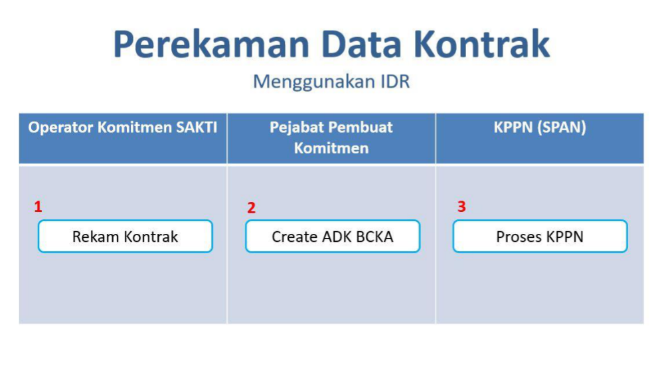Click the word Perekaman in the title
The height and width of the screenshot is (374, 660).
tap(211, 44)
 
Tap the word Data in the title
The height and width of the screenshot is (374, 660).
tap(361, 44)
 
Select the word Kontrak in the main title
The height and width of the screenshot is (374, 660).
tap(481, 44)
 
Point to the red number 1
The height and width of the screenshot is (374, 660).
tap(39, 207)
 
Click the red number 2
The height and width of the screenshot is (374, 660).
tap(251, 208)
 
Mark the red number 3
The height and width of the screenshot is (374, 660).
tap(461, 207)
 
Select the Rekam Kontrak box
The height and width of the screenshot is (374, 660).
tap(125, 236)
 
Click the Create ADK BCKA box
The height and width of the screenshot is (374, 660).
tap(333, 236)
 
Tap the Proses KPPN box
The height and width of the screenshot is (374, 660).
tap(540, 236)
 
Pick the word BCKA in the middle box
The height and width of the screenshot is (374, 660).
tap(374, 236)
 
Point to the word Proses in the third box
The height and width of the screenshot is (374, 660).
tap(516, 236)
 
